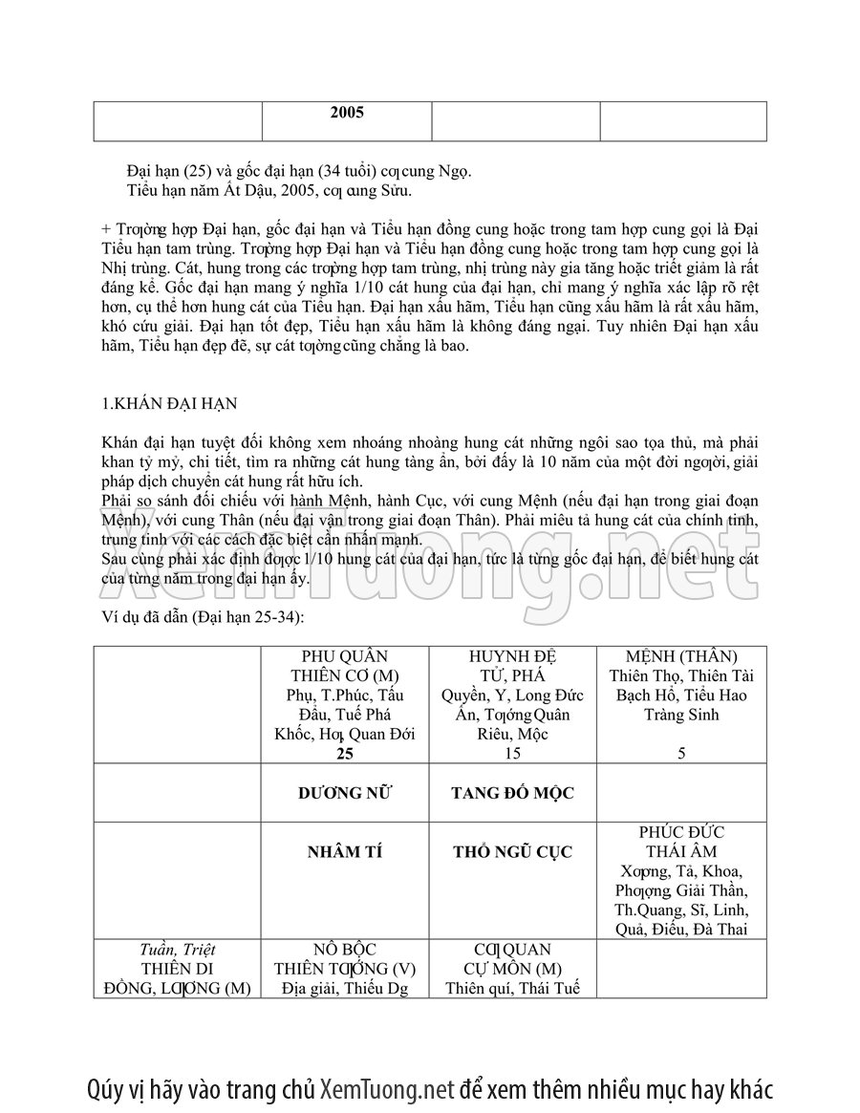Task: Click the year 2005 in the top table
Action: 347,112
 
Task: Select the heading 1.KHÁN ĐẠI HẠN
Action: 170,403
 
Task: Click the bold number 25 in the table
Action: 345,754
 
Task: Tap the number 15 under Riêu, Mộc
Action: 514,754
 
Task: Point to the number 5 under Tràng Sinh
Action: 681,754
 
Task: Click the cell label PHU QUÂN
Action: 345,656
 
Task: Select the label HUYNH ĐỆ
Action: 514,656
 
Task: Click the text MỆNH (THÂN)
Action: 682,656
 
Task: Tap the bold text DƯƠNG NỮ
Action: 345,793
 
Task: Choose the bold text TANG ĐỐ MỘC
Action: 513,793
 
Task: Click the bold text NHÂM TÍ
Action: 345,852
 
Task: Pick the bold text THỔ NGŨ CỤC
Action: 513,852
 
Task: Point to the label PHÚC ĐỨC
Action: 682,833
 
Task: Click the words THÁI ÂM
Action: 682,852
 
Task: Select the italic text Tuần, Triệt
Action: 177,950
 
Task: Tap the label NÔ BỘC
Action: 345,950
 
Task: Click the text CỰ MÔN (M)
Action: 514,969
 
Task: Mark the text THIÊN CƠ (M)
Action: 345,675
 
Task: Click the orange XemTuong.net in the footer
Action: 386,1089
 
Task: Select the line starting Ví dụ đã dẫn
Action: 203,617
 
